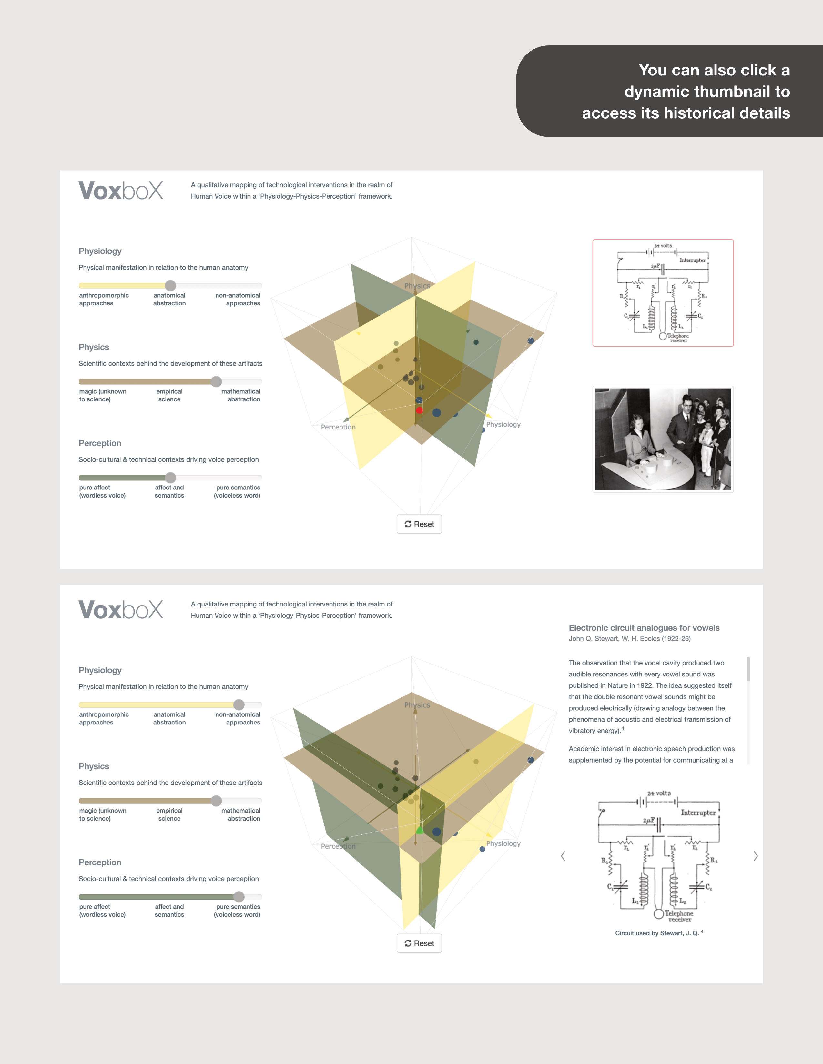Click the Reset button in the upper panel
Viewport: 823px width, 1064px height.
(x=419, y=524)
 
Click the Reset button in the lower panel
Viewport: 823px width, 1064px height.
(x=419, y=943)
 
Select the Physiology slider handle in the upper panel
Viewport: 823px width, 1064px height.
(x=170, y=285)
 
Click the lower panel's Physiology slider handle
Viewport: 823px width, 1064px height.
(x=239, y=704)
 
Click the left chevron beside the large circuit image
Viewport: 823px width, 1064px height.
(x=563, y=856)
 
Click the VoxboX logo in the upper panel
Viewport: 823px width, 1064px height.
(x=121, y=191)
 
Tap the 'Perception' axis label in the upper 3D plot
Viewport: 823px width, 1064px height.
(x=338, y=427)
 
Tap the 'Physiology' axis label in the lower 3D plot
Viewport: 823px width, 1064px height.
(x=503, y=843)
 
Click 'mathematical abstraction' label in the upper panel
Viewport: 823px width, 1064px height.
(x=241, y=395)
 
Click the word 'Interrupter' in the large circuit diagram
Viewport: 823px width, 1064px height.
(x=698, y=813)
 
